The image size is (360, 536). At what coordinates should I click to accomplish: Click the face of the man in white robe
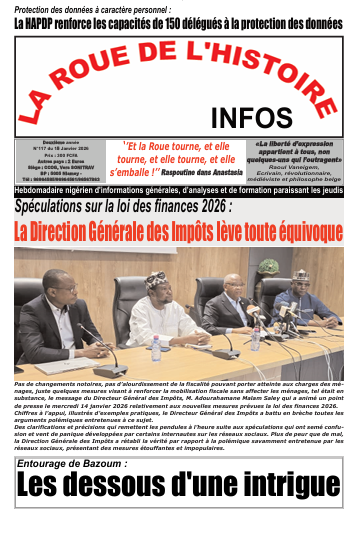(x=155, y=285)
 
